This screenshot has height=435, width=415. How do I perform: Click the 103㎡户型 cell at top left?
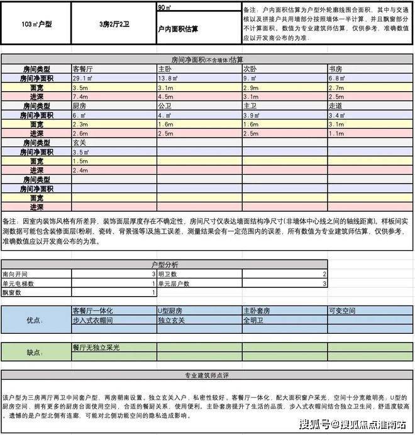(x=36, y=24)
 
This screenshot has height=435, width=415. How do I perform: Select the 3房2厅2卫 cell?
(x=114, y=24)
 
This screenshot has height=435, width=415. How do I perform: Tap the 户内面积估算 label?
(x=178, y=30)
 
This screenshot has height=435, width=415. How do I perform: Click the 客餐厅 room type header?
(x=84, y=69)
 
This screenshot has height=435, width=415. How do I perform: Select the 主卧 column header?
(x=165, y=69)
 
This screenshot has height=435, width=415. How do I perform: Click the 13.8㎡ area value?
(x=167, y=78)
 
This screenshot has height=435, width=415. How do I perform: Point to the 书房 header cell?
(x=336, y=69)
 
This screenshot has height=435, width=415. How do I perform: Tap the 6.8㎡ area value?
(x=337, y=78)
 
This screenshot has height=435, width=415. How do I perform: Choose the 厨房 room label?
(x=80, y=106)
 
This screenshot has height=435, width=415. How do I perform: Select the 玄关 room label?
(x=80, y=143)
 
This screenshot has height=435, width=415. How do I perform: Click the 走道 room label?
(x=336, y=106)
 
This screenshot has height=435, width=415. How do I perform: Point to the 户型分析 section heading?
(x=165, y=265)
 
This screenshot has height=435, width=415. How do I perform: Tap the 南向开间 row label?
(x=16, y=275)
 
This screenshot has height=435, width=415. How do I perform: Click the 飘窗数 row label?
(x=12, y=293)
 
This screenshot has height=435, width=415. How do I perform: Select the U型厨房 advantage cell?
(x=170, y=311)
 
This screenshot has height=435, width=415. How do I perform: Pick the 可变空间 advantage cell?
(x=341, y=311)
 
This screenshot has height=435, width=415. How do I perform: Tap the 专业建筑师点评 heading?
(x=207, y=376)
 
